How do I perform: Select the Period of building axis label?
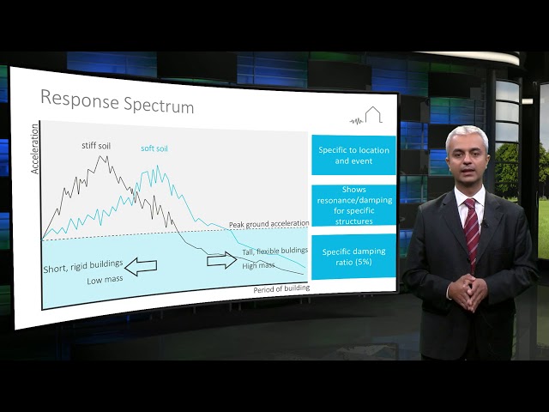(x=281, y=289)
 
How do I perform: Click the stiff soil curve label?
(x=96, y=146)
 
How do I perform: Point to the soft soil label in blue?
(x=154, y=148)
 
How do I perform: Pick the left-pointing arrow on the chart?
(x=141, y=266)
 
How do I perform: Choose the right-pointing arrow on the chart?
(x=222, y=260)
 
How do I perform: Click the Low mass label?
(x=104, y=281)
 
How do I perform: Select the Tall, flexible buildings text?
(x=274, y=251)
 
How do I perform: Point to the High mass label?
(x=258, y=265)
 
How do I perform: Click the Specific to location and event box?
(x=353, y=155)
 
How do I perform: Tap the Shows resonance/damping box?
(x=353, y=205)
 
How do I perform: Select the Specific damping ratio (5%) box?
(x=353, y=257)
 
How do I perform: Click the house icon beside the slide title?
(x=374, y=115)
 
